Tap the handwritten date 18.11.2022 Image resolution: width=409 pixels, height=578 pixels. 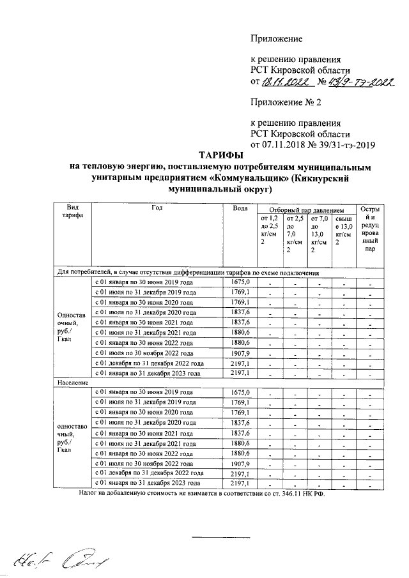coord(286,82)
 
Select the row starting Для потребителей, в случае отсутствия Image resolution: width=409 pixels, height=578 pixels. coord(192,272)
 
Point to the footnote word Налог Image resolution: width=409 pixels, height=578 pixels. coord(90,494)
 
